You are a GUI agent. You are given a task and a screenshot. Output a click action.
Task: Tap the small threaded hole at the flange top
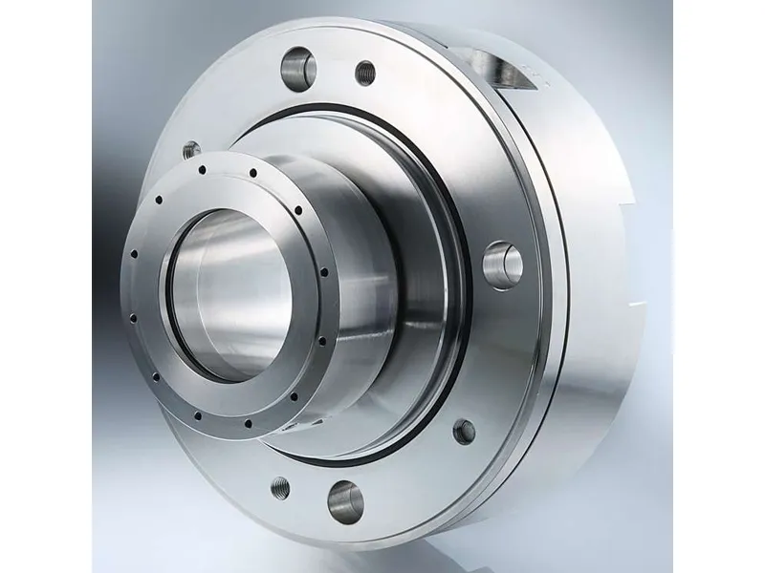tap(364, 71)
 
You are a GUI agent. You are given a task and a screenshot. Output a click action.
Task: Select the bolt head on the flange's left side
tap(191, 150)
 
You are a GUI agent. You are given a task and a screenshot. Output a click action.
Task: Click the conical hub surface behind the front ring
tap(382, 267)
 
